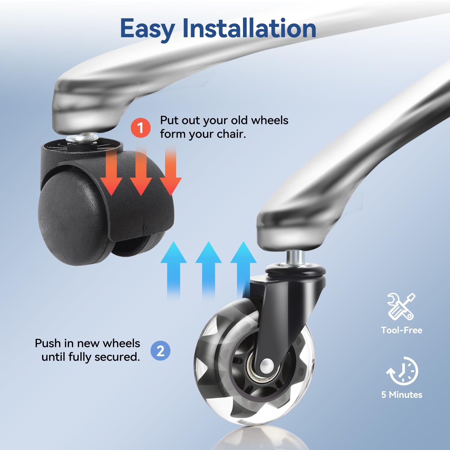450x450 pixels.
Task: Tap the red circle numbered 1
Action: pos(140,128)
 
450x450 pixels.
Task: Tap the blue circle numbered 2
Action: pos(160,351)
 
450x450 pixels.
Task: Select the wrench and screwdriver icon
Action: pos(401,306)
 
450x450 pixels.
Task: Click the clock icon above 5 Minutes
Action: pos(402,371)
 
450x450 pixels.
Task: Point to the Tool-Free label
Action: pos(401,330)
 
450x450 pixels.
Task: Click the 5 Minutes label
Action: pos(402,394)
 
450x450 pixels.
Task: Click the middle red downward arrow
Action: pos(141,171)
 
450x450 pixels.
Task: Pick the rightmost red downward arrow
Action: pos(170,171)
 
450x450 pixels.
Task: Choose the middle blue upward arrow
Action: pos(208,270)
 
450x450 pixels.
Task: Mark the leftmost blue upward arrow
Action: pos(174,270)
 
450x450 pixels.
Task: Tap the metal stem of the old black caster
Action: pos(82,138)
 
